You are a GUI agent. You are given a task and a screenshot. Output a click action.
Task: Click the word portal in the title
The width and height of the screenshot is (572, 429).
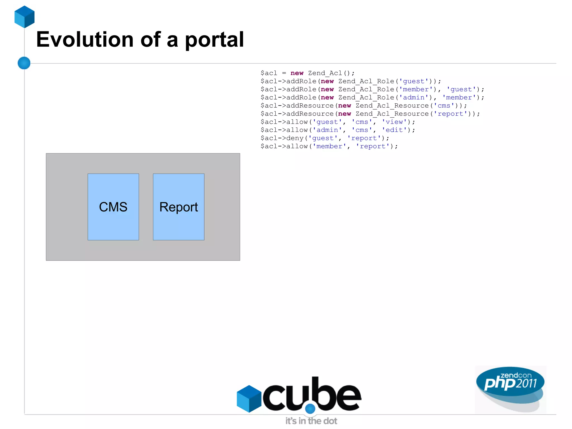coord(214,40)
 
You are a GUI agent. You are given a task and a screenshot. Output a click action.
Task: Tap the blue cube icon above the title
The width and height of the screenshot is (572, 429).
coord(25,17)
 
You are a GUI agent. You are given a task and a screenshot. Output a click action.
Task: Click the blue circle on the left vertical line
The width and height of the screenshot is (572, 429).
coord(24,63)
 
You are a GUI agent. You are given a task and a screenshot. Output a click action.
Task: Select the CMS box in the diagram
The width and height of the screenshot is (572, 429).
coord(113,207)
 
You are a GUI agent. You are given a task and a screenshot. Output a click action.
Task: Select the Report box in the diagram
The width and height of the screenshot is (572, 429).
coord(178,207)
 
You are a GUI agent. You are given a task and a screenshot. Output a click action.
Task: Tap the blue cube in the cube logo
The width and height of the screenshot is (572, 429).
coord(249,399)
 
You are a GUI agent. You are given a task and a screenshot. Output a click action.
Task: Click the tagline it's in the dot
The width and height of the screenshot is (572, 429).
coord(311,421)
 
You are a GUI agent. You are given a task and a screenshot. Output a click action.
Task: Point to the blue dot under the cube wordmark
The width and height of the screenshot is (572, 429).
coord(310,409)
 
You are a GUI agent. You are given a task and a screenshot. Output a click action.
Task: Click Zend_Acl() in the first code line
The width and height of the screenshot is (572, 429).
coord(331,73)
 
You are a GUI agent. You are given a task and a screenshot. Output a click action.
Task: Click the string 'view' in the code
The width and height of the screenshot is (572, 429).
coord(394,122)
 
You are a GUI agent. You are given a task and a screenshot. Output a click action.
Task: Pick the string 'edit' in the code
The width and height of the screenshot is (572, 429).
coord(394,130)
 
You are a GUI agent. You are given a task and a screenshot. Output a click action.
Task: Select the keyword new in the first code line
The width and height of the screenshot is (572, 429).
coord(297,73)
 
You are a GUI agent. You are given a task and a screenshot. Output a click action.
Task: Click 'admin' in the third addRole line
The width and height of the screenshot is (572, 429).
coord(414,98)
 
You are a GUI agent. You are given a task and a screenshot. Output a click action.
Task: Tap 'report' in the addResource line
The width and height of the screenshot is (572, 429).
coord(450,114)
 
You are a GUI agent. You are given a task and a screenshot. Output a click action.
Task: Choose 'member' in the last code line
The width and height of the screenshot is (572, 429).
coord(329,146)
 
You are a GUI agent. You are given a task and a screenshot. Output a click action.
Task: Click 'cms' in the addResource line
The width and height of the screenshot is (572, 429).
coord(444,106)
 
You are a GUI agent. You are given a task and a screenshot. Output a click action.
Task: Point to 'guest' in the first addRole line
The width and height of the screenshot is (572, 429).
coord(414,81)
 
